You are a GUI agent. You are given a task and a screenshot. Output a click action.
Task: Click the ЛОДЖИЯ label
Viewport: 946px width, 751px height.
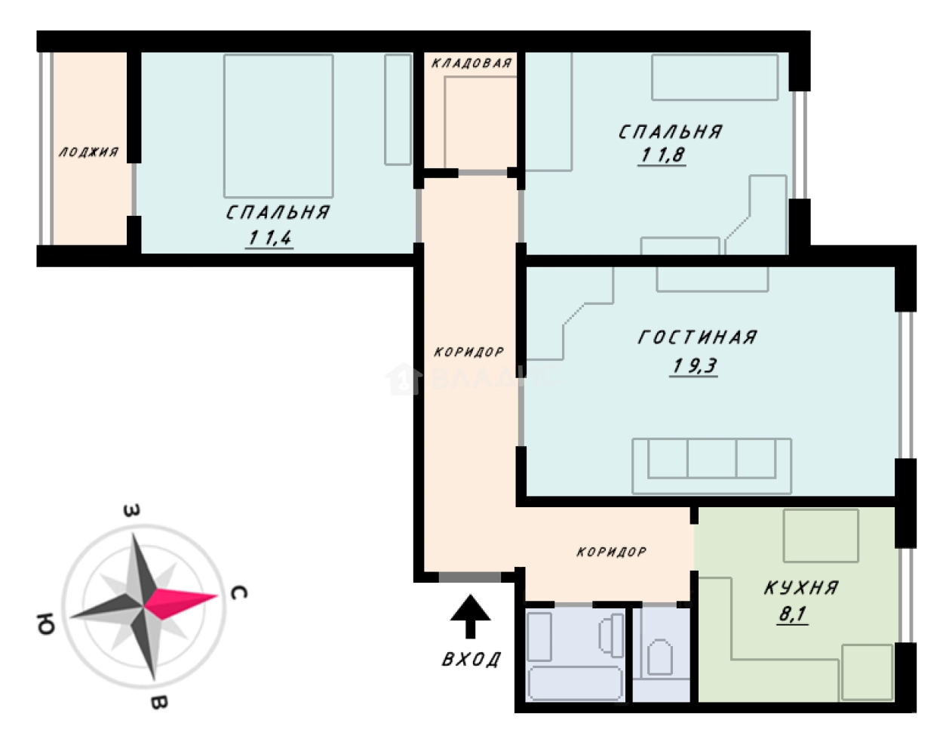tap(89, 152)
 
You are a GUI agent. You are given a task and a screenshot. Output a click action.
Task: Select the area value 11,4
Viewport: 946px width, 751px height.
tap(269, 239)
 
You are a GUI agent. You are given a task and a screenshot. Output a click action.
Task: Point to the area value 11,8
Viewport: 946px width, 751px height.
tap(662, 155)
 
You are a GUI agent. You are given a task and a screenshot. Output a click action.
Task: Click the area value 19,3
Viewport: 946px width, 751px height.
tap(695, 366)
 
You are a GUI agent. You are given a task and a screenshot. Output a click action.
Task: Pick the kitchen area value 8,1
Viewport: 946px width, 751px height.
tap(793, 614)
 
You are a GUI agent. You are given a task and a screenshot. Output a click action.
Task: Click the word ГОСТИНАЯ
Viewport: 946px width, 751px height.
tap(698, 337)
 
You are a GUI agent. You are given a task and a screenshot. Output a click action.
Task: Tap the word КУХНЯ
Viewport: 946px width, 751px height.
tap(801, 588)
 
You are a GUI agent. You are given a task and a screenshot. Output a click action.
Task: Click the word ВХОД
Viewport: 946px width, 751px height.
tap(471, 660)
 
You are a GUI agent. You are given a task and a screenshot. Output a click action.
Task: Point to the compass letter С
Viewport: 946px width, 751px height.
tap(239, 592)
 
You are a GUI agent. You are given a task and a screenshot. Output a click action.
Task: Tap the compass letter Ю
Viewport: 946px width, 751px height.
tap(46, 624)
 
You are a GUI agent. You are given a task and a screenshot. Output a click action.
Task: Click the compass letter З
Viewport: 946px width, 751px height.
tap(132, 510)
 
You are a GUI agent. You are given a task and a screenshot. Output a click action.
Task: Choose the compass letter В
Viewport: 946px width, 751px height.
tap(158, 703)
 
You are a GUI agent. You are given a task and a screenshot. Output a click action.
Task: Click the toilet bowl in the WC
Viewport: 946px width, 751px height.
tap(660, 657)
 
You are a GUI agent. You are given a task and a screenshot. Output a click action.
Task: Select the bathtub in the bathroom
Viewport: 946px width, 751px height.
tap(575, 683)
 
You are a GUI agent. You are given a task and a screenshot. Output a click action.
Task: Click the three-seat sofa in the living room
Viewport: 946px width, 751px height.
tap(711, 466)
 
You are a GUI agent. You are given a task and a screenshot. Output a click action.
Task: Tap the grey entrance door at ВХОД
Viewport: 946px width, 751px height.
tap(470, 577)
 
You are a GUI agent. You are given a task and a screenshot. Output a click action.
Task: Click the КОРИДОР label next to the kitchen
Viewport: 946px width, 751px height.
tap(612, 552)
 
